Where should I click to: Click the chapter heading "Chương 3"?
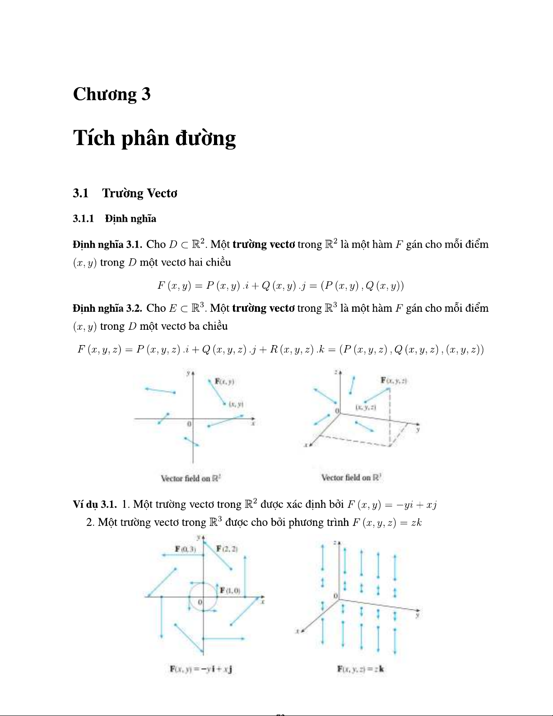point(112,94)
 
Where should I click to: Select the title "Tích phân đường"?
point(154,138)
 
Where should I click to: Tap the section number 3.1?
point(80,193)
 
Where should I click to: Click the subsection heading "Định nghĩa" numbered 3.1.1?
point(130,219)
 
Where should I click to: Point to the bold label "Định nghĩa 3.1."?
point(107,244)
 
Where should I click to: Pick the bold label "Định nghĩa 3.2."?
point(107,308)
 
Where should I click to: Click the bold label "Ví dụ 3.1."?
point(95,504)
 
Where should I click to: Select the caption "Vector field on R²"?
point(191,478)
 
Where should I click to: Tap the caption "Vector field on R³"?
point(352,477)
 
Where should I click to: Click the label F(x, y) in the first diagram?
point(224,381)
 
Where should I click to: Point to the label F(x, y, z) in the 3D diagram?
point(394,381)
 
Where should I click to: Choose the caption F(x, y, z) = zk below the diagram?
point(360,669)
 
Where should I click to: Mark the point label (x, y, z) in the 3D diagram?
point(365,407)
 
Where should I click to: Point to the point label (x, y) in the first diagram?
point(236,404)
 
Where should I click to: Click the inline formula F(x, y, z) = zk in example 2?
point(387,523)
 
